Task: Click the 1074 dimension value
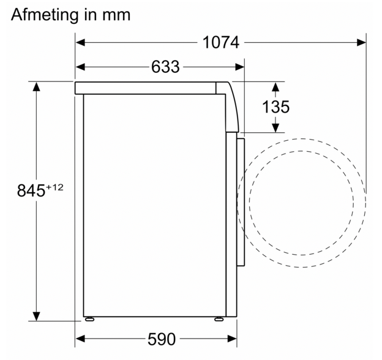click(221, 43)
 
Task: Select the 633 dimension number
click(165, 67)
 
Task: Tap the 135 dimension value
click(275, 107)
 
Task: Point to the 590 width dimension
click(161, 339)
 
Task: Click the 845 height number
click(31, 190)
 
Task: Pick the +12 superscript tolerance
click(54, 187)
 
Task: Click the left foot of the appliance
click(89, 319)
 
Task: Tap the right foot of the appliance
click(219, 319)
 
